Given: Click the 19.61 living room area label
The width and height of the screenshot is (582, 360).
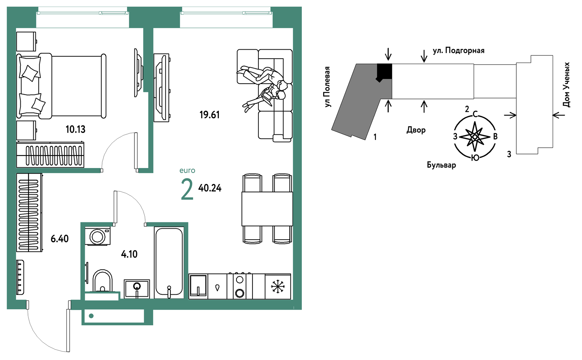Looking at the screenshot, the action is click(209, 115).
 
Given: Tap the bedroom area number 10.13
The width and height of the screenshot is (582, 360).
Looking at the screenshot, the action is click(75, 129).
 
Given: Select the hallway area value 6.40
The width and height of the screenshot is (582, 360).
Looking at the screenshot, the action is click(60, 239).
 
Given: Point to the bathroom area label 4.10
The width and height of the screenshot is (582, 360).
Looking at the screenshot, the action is click(129, 254).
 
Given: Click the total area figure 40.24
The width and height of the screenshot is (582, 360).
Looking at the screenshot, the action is click(210, 188).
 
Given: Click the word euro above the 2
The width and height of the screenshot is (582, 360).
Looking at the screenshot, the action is click(187, 171).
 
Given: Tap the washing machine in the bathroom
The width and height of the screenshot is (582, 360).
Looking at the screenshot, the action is click(98, 236).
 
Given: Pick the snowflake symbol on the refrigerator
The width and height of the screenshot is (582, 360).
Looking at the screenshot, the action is click(277, 287).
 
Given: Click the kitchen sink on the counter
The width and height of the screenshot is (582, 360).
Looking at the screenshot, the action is click(198, 286).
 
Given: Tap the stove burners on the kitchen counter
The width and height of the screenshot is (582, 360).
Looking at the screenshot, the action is click(239, 286).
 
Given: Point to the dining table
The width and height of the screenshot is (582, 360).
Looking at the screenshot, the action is click(267, 209).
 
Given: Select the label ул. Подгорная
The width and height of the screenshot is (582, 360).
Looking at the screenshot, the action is click(459, 51).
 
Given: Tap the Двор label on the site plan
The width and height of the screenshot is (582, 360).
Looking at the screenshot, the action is click(416, 130).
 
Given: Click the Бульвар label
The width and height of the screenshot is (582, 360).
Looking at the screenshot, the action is click(441, 165).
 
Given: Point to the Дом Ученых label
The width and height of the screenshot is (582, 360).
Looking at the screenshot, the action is click(566, 85).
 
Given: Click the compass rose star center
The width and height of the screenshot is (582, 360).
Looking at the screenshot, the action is click(475, 136).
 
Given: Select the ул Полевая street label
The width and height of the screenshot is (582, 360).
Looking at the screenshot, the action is click(328, 87).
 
